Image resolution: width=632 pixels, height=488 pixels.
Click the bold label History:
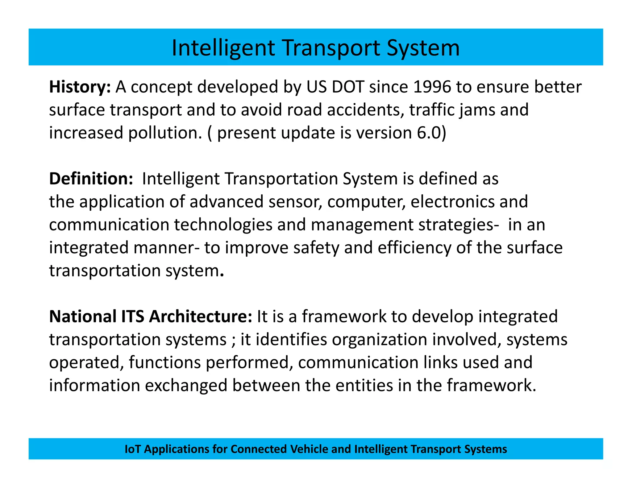[80, 87]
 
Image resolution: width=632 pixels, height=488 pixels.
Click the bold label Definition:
[91, 179]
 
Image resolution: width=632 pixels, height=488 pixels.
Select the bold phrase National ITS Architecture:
[151, 317]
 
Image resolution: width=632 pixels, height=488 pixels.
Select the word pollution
[165, 133]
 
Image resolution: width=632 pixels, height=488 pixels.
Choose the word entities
[364, 386]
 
